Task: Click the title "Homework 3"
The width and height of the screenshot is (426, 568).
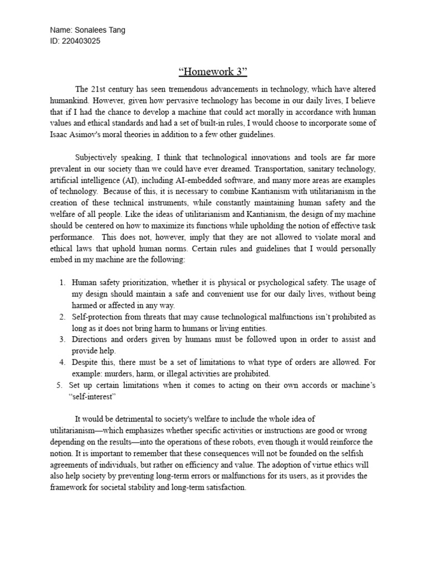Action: [x=212, y=72]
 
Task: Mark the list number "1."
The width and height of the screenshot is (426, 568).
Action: [x=63, y=282]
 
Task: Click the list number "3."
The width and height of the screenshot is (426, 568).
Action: [x=63, y=339]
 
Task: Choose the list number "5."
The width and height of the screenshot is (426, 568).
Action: [x=60, y=384]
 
